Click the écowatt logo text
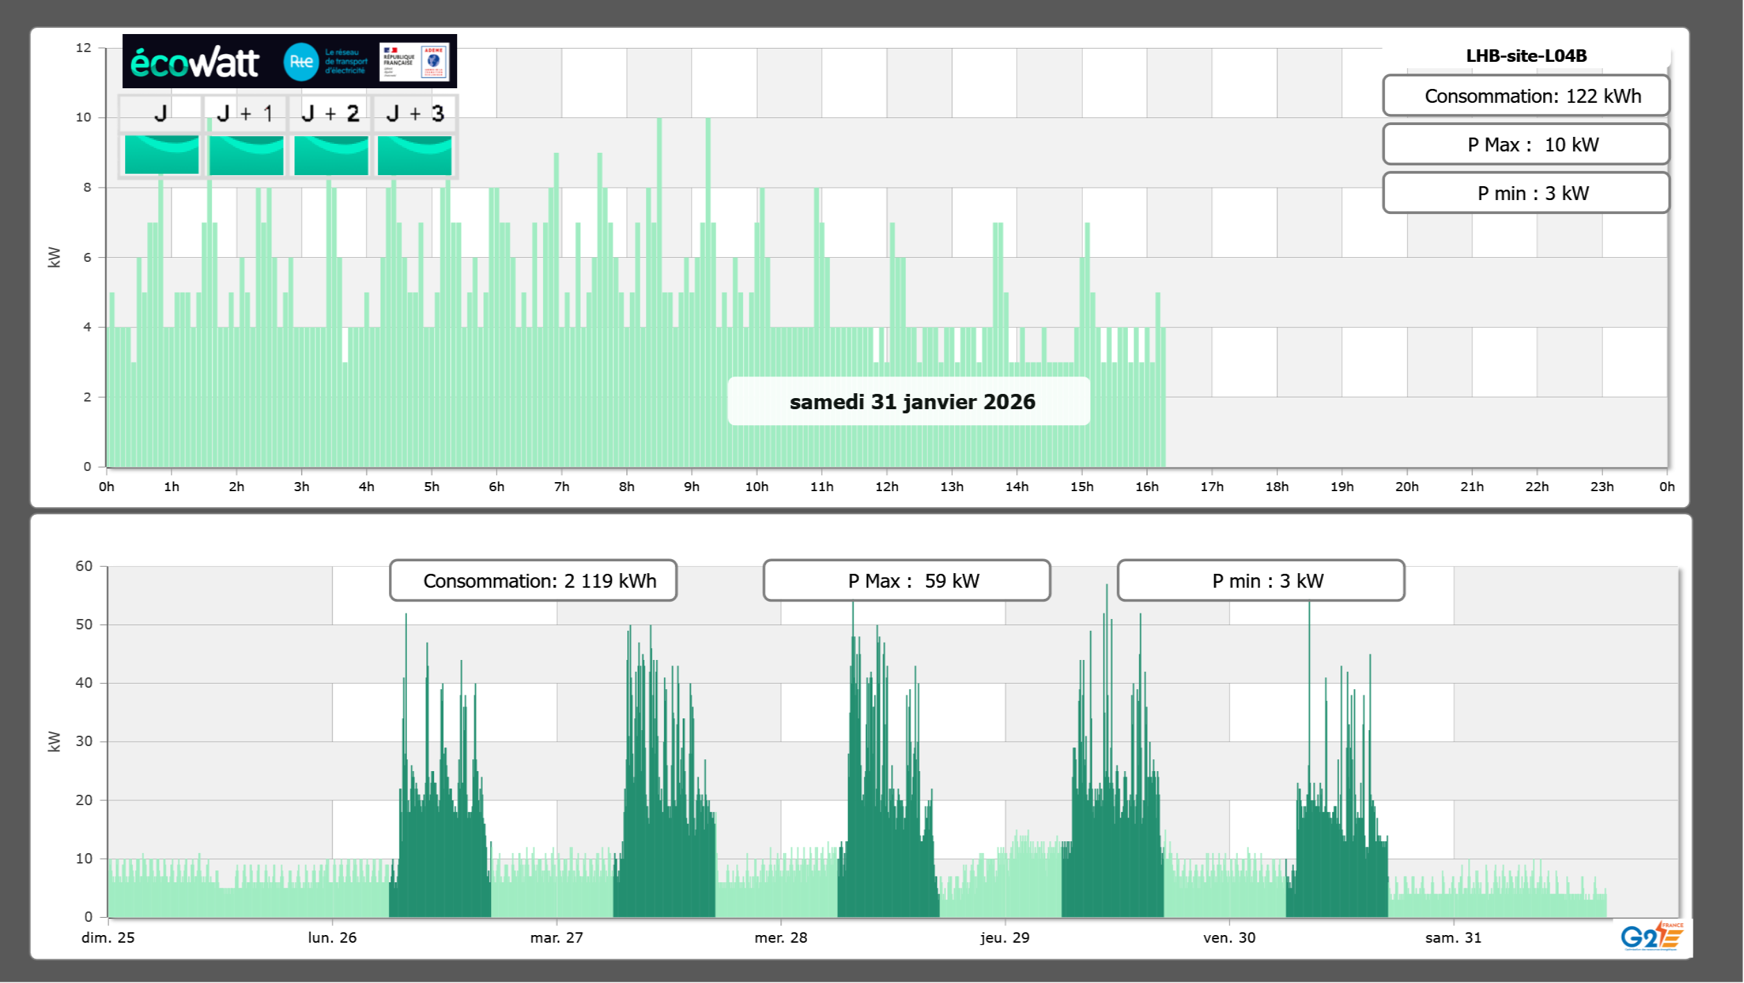[194, 63]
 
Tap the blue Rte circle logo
[301, 62]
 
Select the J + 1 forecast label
[245, 113]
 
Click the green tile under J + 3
[415, 155]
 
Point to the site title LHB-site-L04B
[1526, 56]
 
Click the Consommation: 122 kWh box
[1526, 96]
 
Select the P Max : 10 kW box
[1526, 144]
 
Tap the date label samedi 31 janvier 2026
[912, 402]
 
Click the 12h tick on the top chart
[887, 487]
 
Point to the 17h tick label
[1212, 487]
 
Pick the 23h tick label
[1602, 487]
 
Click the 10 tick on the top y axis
[83, 117]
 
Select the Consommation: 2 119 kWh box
[533, 581]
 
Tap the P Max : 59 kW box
[906, 581]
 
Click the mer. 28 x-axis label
[781, 937]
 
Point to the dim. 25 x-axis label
[108, 937]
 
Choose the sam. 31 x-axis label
[1453, 937]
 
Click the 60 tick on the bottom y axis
[84, 566]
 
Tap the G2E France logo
[1652, 936]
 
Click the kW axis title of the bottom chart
[54, 741]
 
